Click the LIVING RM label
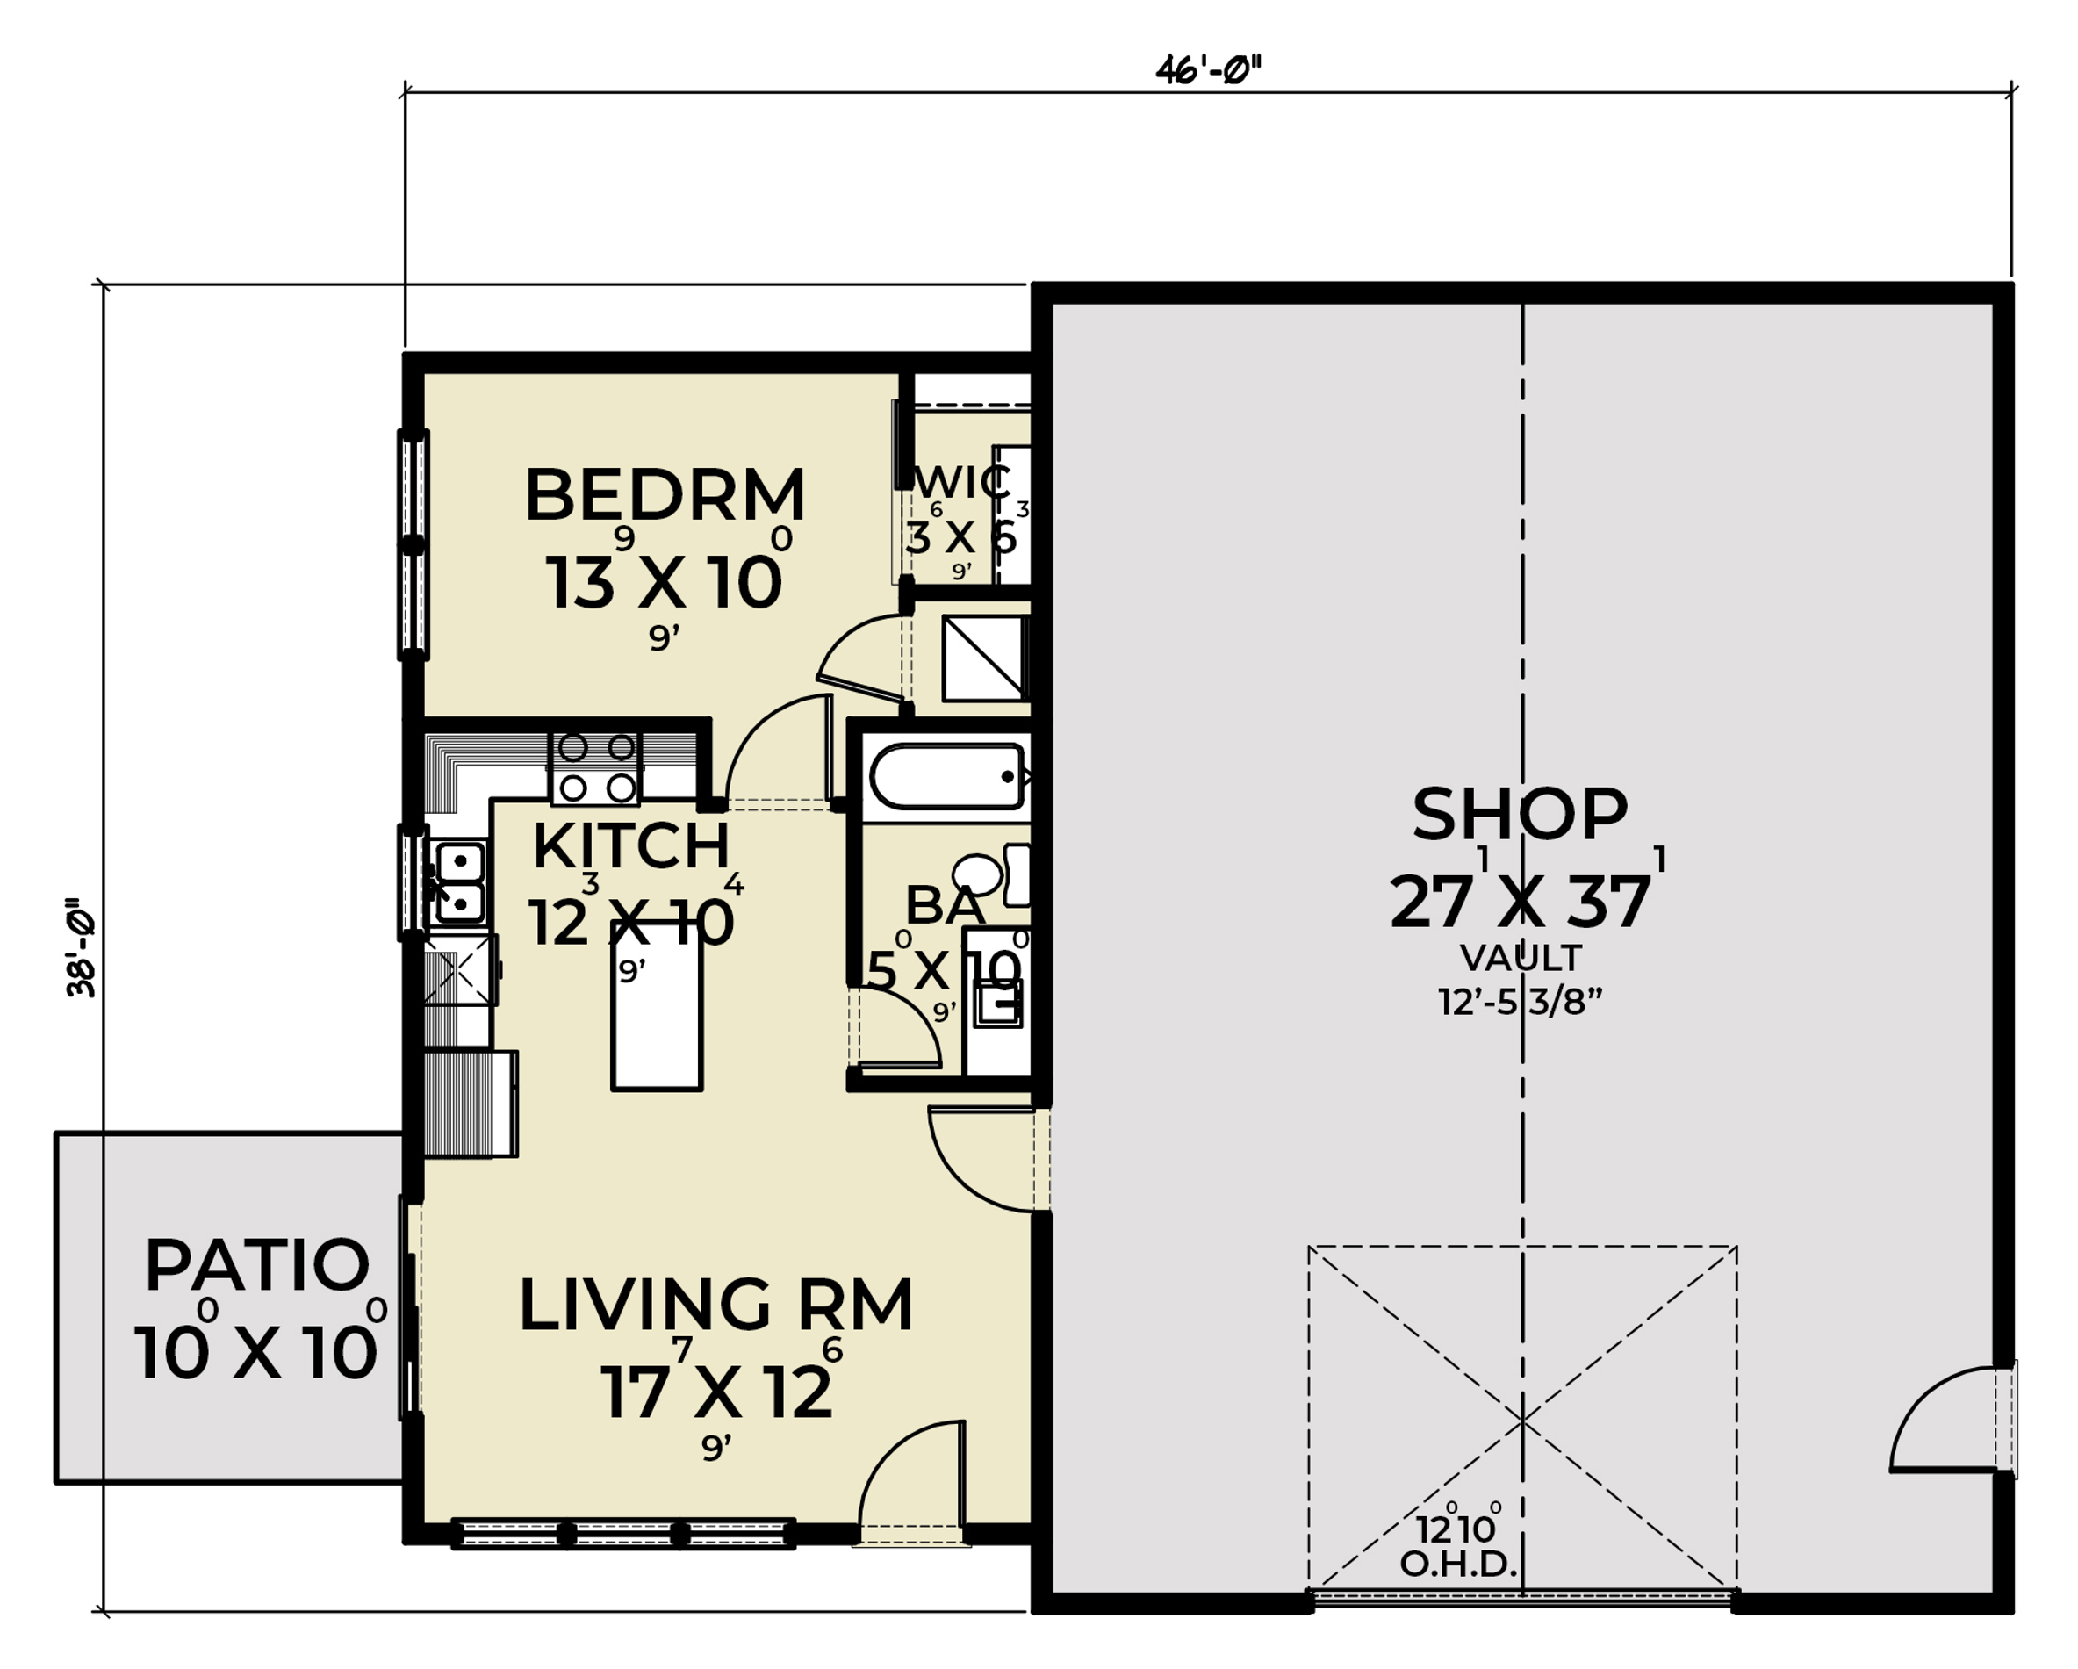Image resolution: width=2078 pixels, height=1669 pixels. pos(715,1306)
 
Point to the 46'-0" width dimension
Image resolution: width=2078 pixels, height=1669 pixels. pos(1209,70)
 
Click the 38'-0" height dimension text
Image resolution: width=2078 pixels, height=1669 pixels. pos(82,949)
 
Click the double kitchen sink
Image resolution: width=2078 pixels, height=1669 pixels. pos(459,881)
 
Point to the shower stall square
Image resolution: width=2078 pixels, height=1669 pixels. pos(983,658)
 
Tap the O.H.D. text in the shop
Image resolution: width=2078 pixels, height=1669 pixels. pos(1458,1565)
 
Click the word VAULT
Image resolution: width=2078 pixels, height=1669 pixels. pos(1521,959)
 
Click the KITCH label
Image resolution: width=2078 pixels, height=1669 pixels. pos(631,846)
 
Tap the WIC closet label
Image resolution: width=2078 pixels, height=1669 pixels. pos(964,482)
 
